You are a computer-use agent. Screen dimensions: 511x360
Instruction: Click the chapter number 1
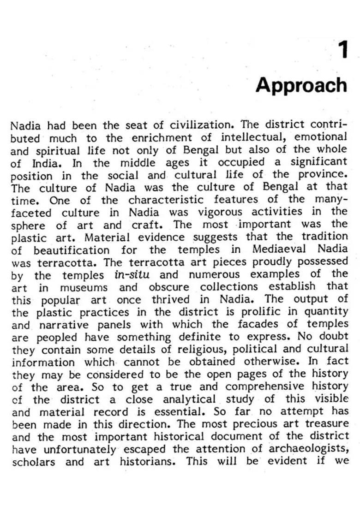[342, 50]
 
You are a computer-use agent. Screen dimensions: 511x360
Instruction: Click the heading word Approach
[301, 85]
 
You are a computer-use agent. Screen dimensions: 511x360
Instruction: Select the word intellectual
[255, 137]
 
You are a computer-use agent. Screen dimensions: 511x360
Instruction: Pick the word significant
[318, 162]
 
